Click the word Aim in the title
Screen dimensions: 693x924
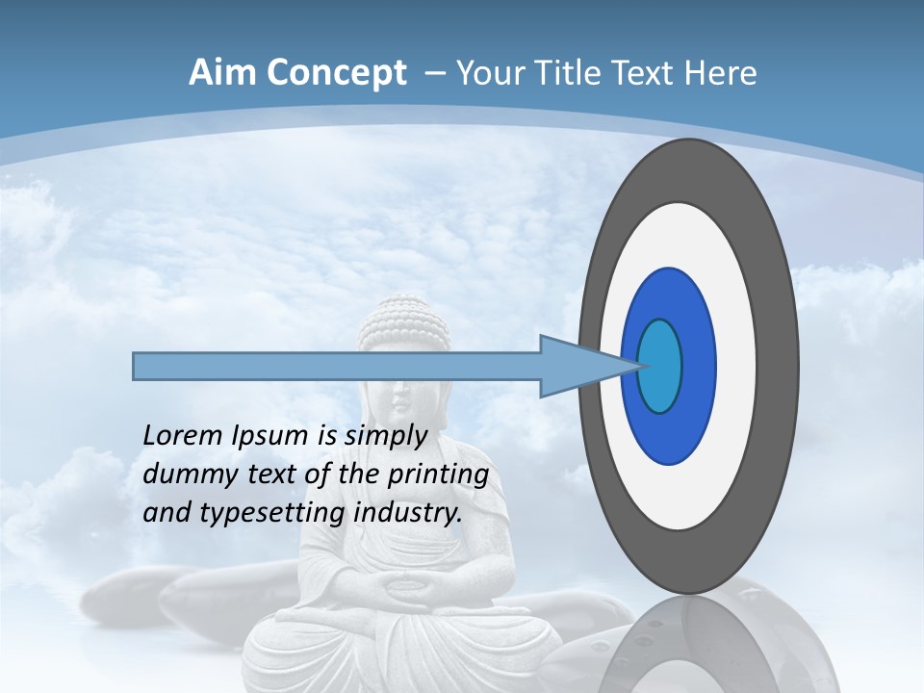click(223, 73)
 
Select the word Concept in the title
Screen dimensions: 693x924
click(336, 73)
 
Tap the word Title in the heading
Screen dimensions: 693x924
click(564, 73)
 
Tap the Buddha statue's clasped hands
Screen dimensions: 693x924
click(404, 584)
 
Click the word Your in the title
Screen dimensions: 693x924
click(487, 73)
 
